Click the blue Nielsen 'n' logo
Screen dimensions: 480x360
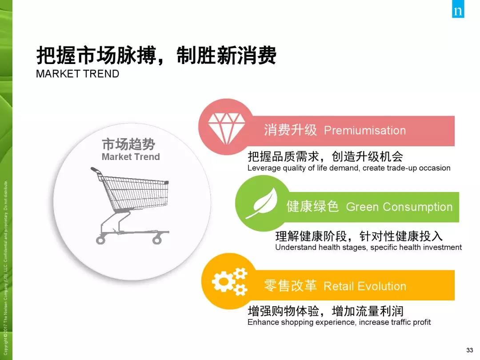[458, 9]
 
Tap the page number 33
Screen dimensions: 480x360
[469, 350]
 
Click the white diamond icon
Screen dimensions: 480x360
[226, 128]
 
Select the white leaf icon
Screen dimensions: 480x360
[262, 203]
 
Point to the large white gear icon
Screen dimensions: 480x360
[223, 280]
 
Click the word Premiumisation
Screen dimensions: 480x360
[365, 130]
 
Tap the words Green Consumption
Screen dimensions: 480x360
[399, 207]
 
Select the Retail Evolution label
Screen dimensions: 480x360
[365, 286]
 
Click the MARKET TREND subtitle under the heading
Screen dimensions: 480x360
[77, 74]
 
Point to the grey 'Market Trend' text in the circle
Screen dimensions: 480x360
[131, 157]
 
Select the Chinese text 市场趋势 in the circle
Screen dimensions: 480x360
[128, 144]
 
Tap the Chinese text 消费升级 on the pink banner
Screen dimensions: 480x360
[290, 130]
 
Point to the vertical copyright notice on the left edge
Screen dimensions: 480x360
[5, 268]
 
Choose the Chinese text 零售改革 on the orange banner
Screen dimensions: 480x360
[290, 286]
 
